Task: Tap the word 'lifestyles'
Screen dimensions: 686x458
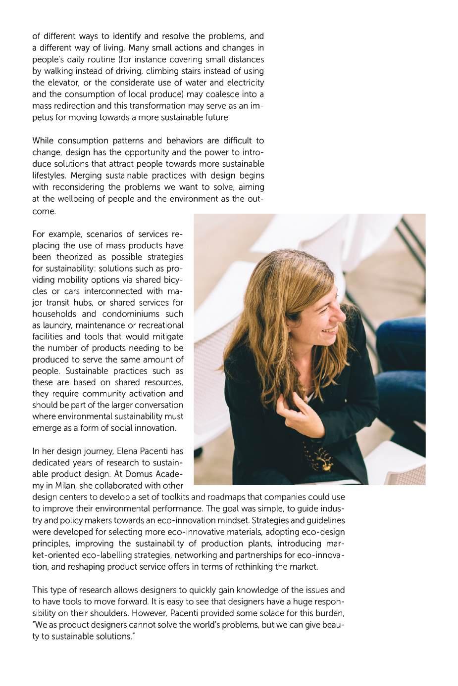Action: (x=50, y=176)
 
